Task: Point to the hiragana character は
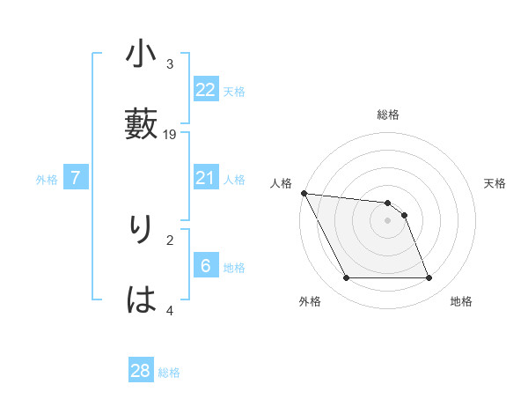click(x=142, y=300)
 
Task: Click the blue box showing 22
click(x=206, y=90)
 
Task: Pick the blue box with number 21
click(x=206, y=179)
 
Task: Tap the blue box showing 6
click(x=206, y=267)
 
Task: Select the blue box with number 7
click(x=76, y=179)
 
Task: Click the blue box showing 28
click(x=141, y=371)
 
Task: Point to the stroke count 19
click(x=170, y=135)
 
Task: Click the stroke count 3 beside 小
click(x=170, y=64)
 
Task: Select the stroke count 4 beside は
click(x=170, y=310)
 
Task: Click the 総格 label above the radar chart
click(x=388, y=115)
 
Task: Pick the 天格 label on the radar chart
click(x=495, y=183)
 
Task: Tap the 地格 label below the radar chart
click(x=461, y=301)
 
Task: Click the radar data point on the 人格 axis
click(x=304, y=193)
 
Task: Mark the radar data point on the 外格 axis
click(x=346, y=278)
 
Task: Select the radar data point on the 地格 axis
click(x=429, y=278)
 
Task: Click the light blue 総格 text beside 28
click(x=169, y=373)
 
